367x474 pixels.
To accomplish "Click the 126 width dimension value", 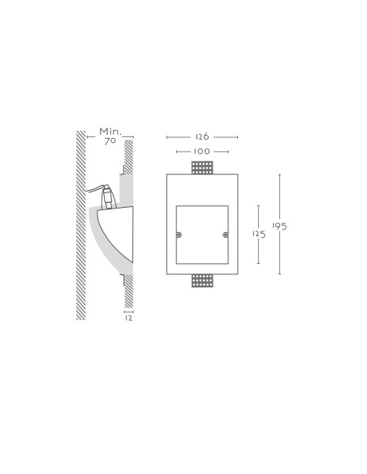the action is click(202, 136).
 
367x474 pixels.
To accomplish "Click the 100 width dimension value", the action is click(202, 151).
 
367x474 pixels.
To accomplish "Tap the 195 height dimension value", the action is click(279, 226).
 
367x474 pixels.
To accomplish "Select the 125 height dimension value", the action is click(259, 234).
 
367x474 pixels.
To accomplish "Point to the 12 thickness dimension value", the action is click(129, 318).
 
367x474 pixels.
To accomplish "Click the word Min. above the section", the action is click(110, 131).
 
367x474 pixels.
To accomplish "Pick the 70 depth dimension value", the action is click(110, 140).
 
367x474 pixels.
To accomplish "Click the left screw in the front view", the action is click(179, 235).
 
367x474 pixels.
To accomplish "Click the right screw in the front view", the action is click(226, 235).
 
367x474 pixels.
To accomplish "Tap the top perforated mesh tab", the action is click(202, 168).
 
